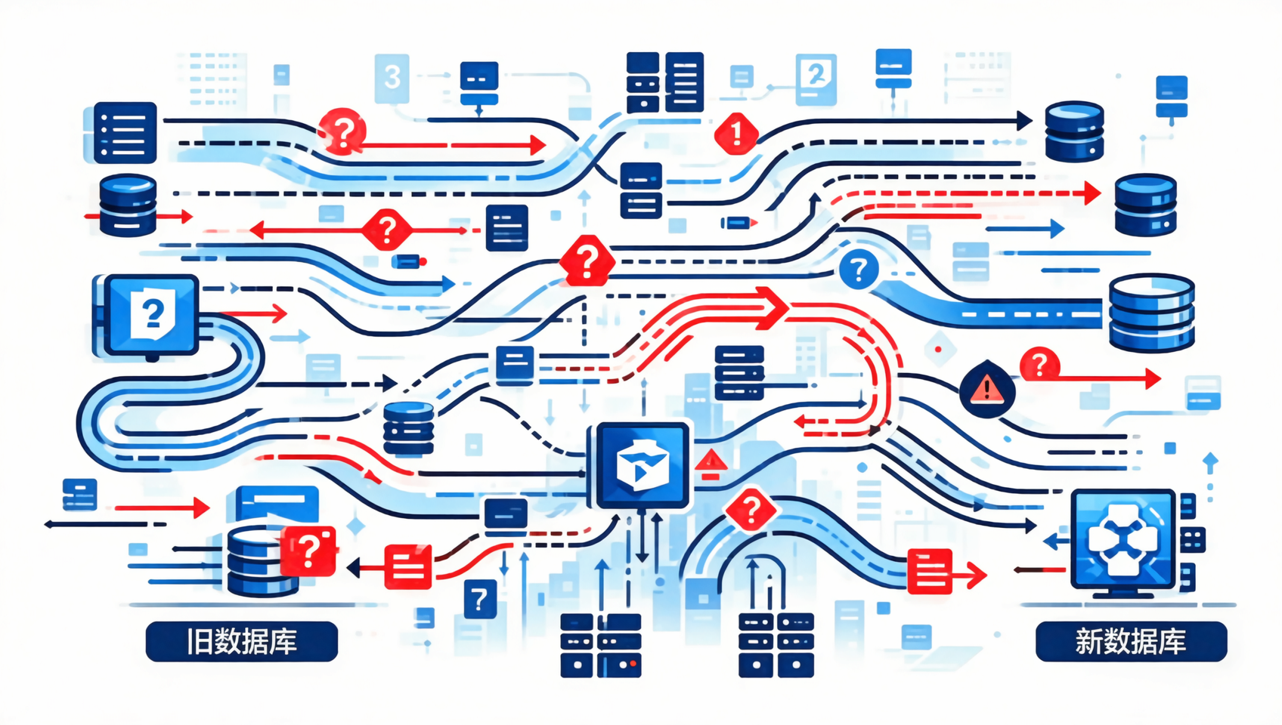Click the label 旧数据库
click(242, 641)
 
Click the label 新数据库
click(1131, 641)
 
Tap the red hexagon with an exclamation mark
click(736, 134)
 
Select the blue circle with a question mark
click(859, 269)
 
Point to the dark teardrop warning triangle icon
click(986, 388)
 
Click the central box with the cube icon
click(643, 465)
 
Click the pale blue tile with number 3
click(392, 78)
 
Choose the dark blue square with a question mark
click(480, 599)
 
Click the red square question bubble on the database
click(308, 550)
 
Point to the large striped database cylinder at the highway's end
click(1151, 313)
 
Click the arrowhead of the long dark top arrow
click(1024, 121)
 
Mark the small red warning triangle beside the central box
click(711, 465)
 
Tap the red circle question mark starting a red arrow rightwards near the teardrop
click(1039, 364)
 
